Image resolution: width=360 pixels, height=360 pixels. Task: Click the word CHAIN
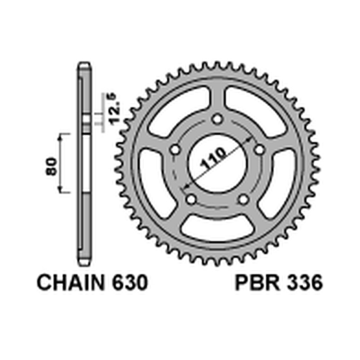coord(72,284)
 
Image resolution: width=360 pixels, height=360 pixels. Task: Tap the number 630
coord(128,284)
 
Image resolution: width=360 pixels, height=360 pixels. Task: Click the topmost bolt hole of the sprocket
coord(218,120)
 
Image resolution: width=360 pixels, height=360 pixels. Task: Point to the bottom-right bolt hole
coord(243,199)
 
